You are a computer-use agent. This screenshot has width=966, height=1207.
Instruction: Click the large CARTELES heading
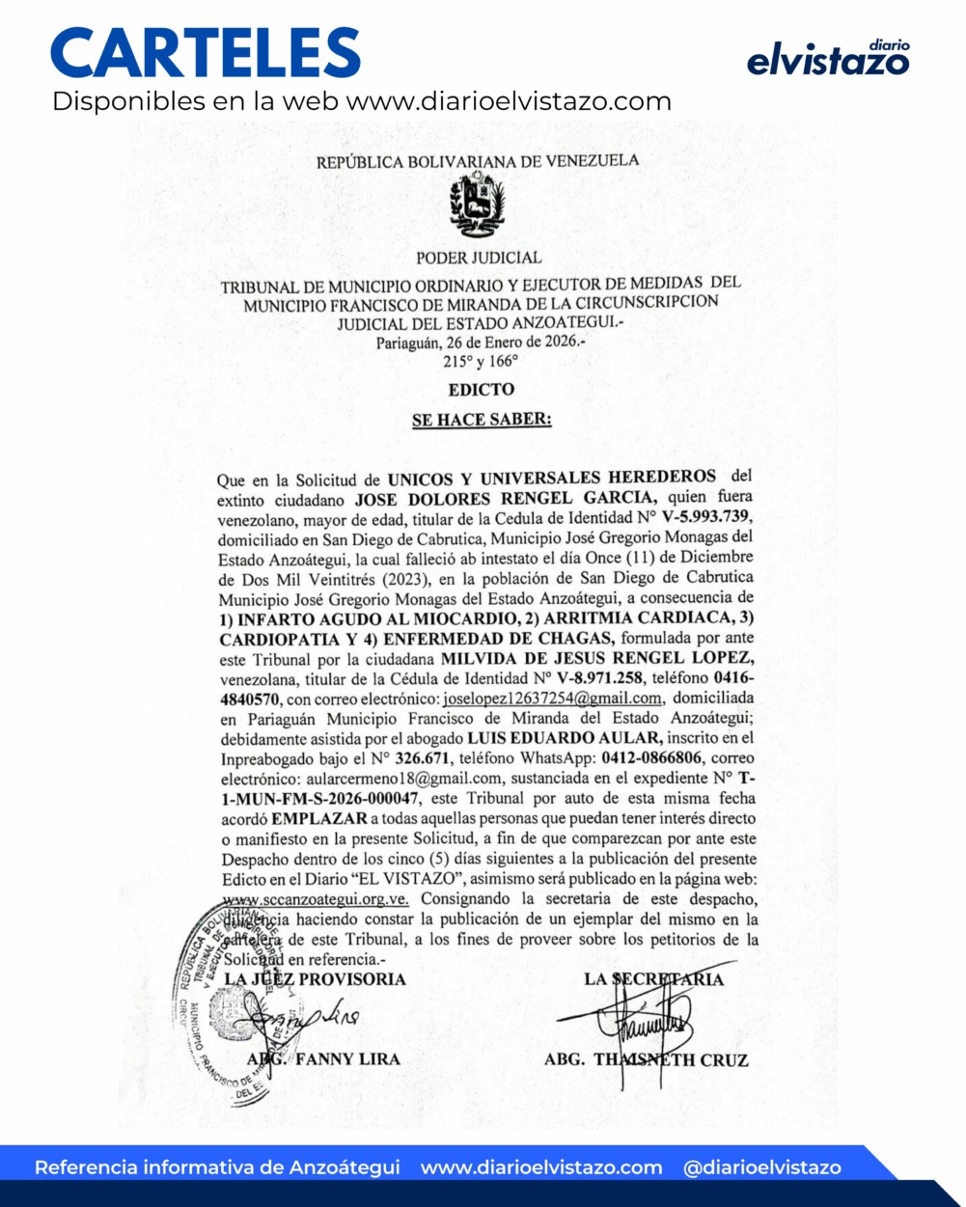pyautogui.click(x=206, y=53)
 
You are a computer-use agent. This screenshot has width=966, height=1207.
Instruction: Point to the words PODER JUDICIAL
pyautogui.click(x=479, y=258)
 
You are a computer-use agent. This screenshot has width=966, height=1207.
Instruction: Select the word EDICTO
pyautogui.click(x=482, y=390)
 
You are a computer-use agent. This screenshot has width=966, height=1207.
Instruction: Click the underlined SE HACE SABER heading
pyautogui.click(x=482, y=421)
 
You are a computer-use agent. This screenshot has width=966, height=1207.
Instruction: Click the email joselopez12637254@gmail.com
pyautogui.click(x=552, y=699)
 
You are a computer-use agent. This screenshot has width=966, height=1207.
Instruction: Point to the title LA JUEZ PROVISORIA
pyautogui.click(x=315, y=979)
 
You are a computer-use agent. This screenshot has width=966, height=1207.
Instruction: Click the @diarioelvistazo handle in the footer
pyautogui.click(x=761, y=1167)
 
